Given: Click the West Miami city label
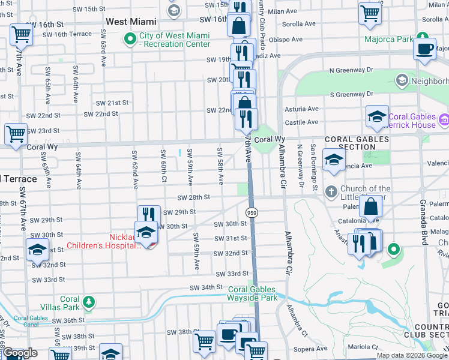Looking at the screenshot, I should coord(131,22).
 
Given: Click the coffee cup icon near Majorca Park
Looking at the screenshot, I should coord(425,48).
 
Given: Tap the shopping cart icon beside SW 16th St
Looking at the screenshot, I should coord(22,35).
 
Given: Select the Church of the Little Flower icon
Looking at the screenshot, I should coord(331,192).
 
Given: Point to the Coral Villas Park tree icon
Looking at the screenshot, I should coord(89,301).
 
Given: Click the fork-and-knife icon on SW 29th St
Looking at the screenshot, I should coord(149,215).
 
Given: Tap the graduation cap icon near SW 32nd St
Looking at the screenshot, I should coord(37,250).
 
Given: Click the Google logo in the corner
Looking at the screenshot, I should coord(20,353).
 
